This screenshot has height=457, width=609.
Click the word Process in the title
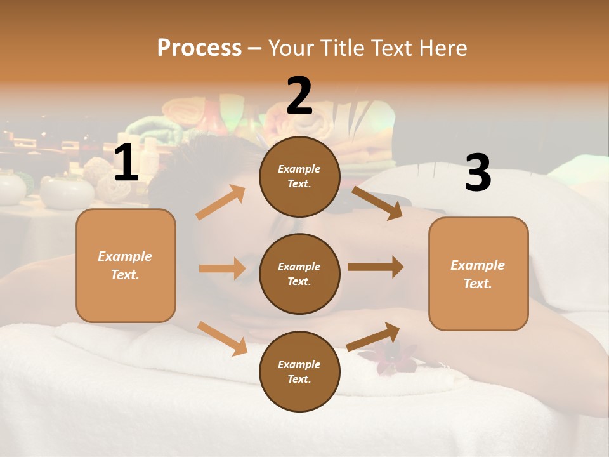click(199, 48)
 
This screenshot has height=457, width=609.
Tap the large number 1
click(126, 164)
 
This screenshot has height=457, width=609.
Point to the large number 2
click(299, 96)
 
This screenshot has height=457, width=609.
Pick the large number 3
click(478, 173)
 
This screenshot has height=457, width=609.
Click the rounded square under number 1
click(126, 265)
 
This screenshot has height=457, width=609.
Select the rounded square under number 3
click(478, 274)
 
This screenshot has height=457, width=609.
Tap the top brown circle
click(299, 176)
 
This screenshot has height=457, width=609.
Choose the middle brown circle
click(299, 274)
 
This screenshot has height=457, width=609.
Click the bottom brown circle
click(299, 371)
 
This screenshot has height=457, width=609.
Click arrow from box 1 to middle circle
click(222, 268)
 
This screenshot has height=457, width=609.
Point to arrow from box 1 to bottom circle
click(223, 338)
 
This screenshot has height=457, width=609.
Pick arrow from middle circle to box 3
click(376, 267)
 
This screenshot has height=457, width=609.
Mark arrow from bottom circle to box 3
click(373, 336)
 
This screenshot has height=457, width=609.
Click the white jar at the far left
click(11, 189)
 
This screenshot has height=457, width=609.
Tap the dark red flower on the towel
click(388, 360)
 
